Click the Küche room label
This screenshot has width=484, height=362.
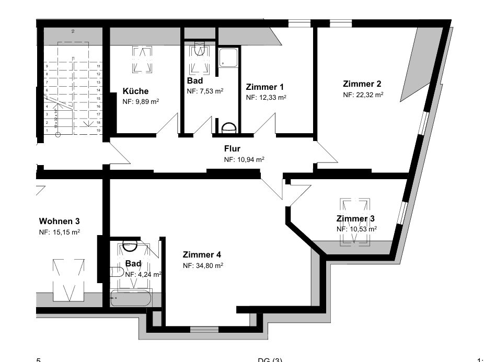(135, 91)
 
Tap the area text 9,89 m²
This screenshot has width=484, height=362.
(141, 102)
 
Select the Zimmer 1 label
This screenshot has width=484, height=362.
(264, 87)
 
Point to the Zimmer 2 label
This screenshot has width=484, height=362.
(362, 84)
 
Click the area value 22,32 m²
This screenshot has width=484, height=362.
(363, 95)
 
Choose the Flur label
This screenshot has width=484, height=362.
(232, 148)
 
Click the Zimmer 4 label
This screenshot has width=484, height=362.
(202, 255)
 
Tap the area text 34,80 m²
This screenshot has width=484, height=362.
(203, 265)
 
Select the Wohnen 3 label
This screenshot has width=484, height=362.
(59, 221)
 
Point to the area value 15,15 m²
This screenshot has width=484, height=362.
(60, 232)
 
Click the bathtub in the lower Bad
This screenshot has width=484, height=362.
(130, 299)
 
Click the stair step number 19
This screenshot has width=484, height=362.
(98, 130)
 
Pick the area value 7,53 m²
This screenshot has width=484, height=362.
(205, 91)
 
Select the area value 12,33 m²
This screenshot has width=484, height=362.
(266, 97)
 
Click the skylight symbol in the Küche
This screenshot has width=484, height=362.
(143, 60)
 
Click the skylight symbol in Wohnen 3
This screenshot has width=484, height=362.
(68, 279)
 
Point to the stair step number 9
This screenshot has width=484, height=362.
(48, 66)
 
